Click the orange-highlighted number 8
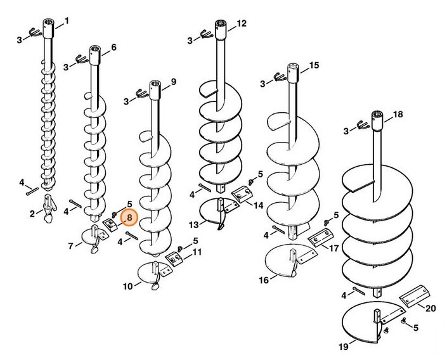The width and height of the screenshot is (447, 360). pyautogui.click(x=129, y=218)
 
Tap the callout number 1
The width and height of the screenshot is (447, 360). pyautogui.click(x=67, y=21)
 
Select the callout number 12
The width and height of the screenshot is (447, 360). pyautogui.click(x=242, y=23)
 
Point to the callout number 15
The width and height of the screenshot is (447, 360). pyautogui.click(x=314, y=65)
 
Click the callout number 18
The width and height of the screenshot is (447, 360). pyautogui.click(x=398, y=114)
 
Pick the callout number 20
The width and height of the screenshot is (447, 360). pyautogui.click(x=431, y=309)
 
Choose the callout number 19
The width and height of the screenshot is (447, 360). pyautogui.click(x=344, y=347)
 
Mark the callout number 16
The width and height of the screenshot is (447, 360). pyautogui.click(x=264, y=280)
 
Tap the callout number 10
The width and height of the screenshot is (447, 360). pyautogui.click(x=128, y=286)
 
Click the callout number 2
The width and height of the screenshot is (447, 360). pyautogui.click(x=32, y=214)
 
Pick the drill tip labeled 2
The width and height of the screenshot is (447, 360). pyautogui.click(x=49, y=206)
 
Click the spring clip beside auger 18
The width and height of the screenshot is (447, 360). pyautogui.click(x=363, y=125)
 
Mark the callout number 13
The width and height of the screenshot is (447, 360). pyautogui.click(x=193, y=225)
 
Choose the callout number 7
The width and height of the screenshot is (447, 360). pyautogui.click(x=71, y=246)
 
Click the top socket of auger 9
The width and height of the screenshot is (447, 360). pyautogui.click(x=155, y=90)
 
